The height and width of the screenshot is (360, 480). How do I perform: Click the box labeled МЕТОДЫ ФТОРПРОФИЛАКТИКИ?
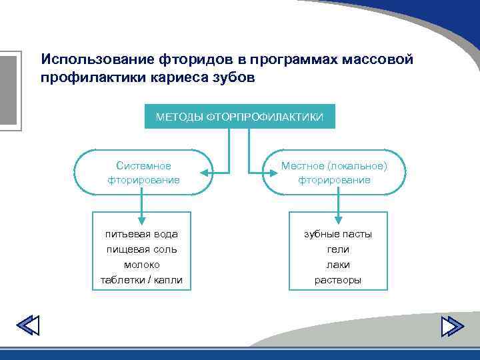[239, 117]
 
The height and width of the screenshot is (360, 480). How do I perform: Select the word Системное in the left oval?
[143, 165]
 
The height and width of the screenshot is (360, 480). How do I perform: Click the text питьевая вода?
[141, 234]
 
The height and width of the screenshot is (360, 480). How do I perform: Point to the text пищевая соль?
[141, 249]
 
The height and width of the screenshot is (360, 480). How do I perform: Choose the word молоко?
[141, 265]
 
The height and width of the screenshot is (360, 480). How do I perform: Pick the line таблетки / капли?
[141, 280]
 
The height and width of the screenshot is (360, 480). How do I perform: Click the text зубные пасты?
[338, 234]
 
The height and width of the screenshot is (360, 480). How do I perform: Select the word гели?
[338, 249]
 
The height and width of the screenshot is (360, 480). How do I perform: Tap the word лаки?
[338, 265]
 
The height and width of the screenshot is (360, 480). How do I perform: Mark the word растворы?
[338, 280]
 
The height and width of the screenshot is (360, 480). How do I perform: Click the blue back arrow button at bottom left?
[27, 326]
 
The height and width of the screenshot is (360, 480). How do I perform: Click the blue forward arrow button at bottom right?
[453, 326]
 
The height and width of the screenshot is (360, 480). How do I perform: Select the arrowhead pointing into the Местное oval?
[274, 173]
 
